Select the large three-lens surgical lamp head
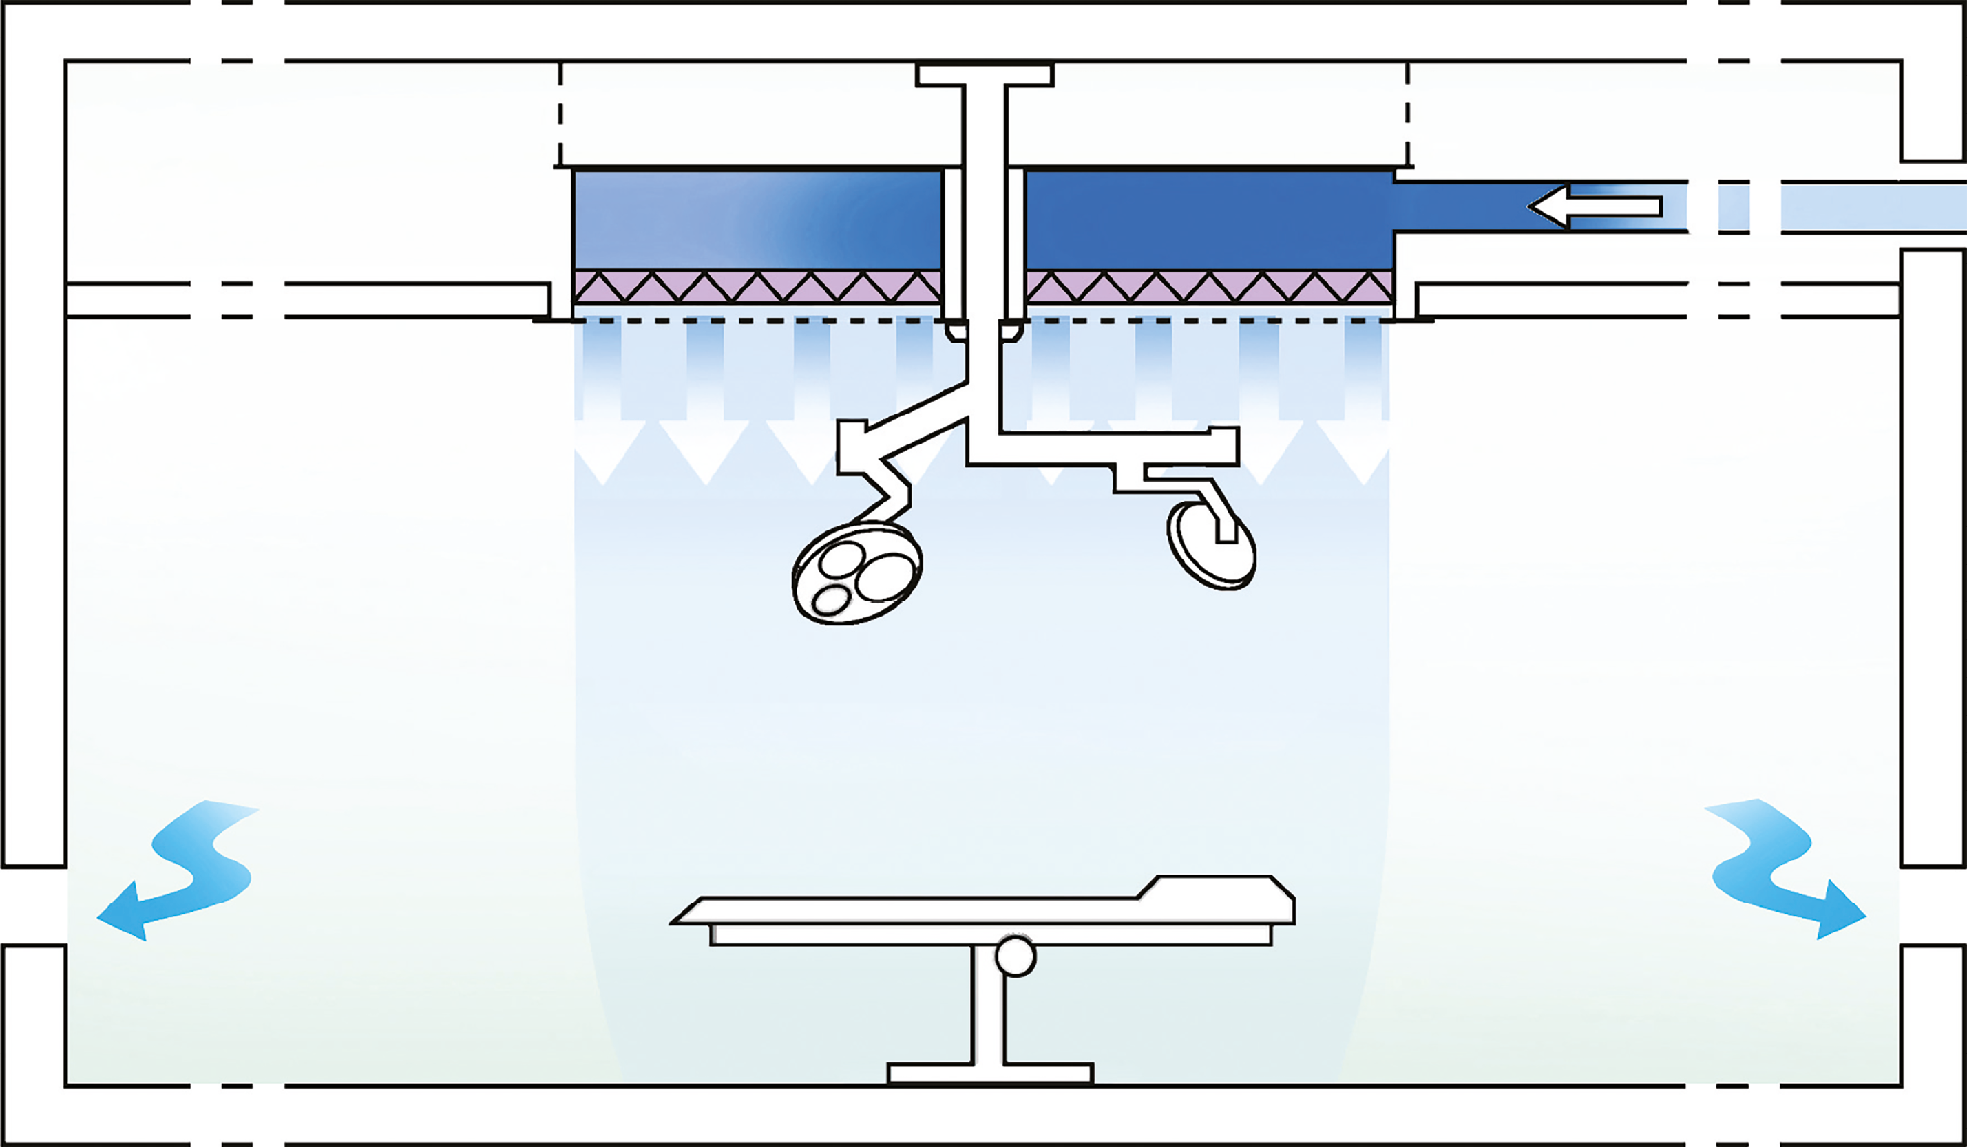pos(857,574)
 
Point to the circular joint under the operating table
pos(1016,956)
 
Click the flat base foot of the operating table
pos(990,1073)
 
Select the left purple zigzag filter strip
pos(757,286)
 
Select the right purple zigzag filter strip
pos(1210,286)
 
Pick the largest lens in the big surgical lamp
pos(885,577)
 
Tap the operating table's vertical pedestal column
pos(988,1007)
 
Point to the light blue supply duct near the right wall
pos(1873,207)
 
